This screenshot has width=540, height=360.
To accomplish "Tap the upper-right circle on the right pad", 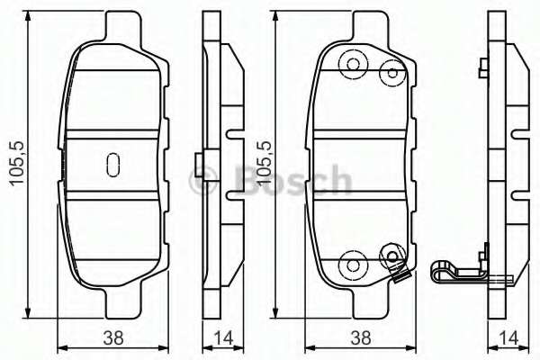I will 391,73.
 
